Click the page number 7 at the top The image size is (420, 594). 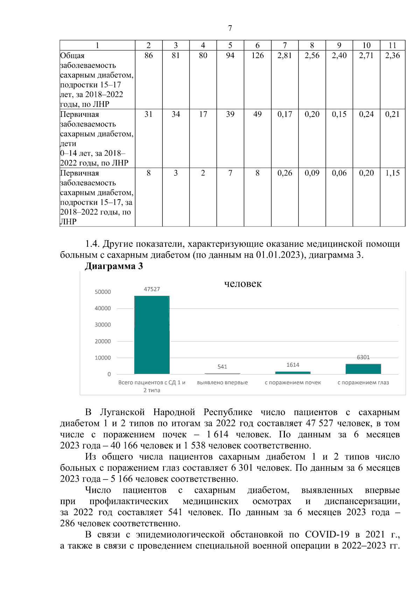(x=230, y=28)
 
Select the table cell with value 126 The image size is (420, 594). (x=257, y=56)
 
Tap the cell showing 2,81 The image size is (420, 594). (x=285, y=56)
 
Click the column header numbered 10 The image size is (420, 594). (x=366, y=45)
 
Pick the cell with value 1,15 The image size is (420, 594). (x=392, y=173)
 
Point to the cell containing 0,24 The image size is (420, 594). (x=366, y=114)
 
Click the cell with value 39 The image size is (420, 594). (x=230, y=114)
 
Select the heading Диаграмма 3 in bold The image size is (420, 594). (x=114, y=266)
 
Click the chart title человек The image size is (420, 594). (x=243, y=284)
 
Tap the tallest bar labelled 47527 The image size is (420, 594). (x=152, y=334)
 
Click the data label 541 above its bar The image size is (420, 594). (x=222, y=367)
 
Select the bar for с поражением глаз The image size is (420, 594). (x=363, y=369)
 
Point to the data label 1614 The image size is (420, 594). (x=293, y=365)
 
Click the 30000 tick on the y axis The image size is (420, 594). (x=103, y=325)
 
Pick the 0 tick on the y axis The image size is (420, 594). (x=109, y=374)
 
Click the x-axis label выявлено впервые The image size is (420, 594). (x=222, y=383)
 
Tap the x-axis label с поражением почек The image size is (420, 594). (x=293, y=383)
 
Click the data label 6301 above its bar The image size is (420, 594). (x=363, y=357)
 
